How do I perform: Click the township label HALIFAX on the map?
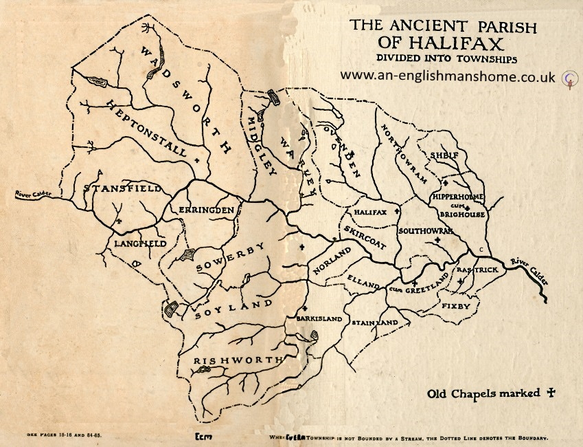(x=369, y=212)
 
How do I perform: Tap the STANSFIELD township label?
(x=122, y=188)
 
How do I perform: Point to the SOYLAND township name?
(x=233, y=309)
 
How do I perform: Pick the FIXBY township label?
(x=456, y=305)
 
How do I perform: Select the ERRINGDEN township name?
(x=207, y=209)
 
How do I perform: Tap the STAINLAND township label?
(x=374, y=322)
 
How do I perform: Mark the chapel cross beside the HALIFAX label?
(x=396, y=212)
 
